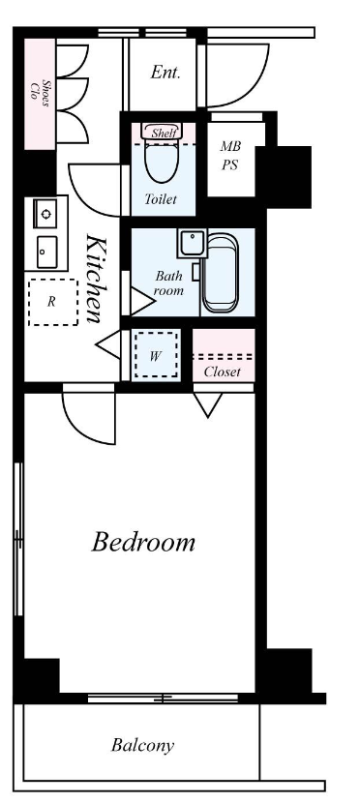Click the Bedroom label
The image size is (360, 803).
click(x=143, y=542)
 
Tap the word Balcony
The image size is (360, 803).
click(x=143, y=745)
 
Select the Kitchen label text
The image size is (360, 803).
click(x=96, y=279)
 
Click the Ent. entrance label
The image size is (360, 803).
click(x=165, y=73)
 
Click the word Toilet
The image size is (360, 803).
click(x=161, y=199)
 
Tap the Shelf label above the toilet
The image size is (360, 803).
click(x=165, y=134)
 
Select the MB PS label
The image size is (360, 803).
click(x=230, y=156)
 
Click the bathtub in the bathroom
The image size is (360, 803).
click(x=221, y=273)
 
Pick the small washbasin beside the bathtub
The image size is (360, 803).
click(x=192, y=243)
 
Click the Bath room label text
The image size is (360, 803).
click(x=169, y=283)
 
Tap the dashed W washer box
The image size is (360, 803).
click(x=157, y=354)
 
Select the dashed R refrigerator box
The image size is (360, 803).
click(x=53, y=302)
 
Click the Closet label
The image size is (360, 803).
click(x=223, y=372)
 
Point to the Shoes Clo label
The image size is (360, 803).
click(x=41, y=93)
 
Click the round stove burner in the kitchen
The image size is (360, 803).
click(x=46, y=214)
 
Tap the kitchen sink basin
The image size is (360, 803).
click(x=46, y=252)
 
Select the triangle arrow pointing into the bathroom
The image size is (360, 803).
click(x=142, y=301)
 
